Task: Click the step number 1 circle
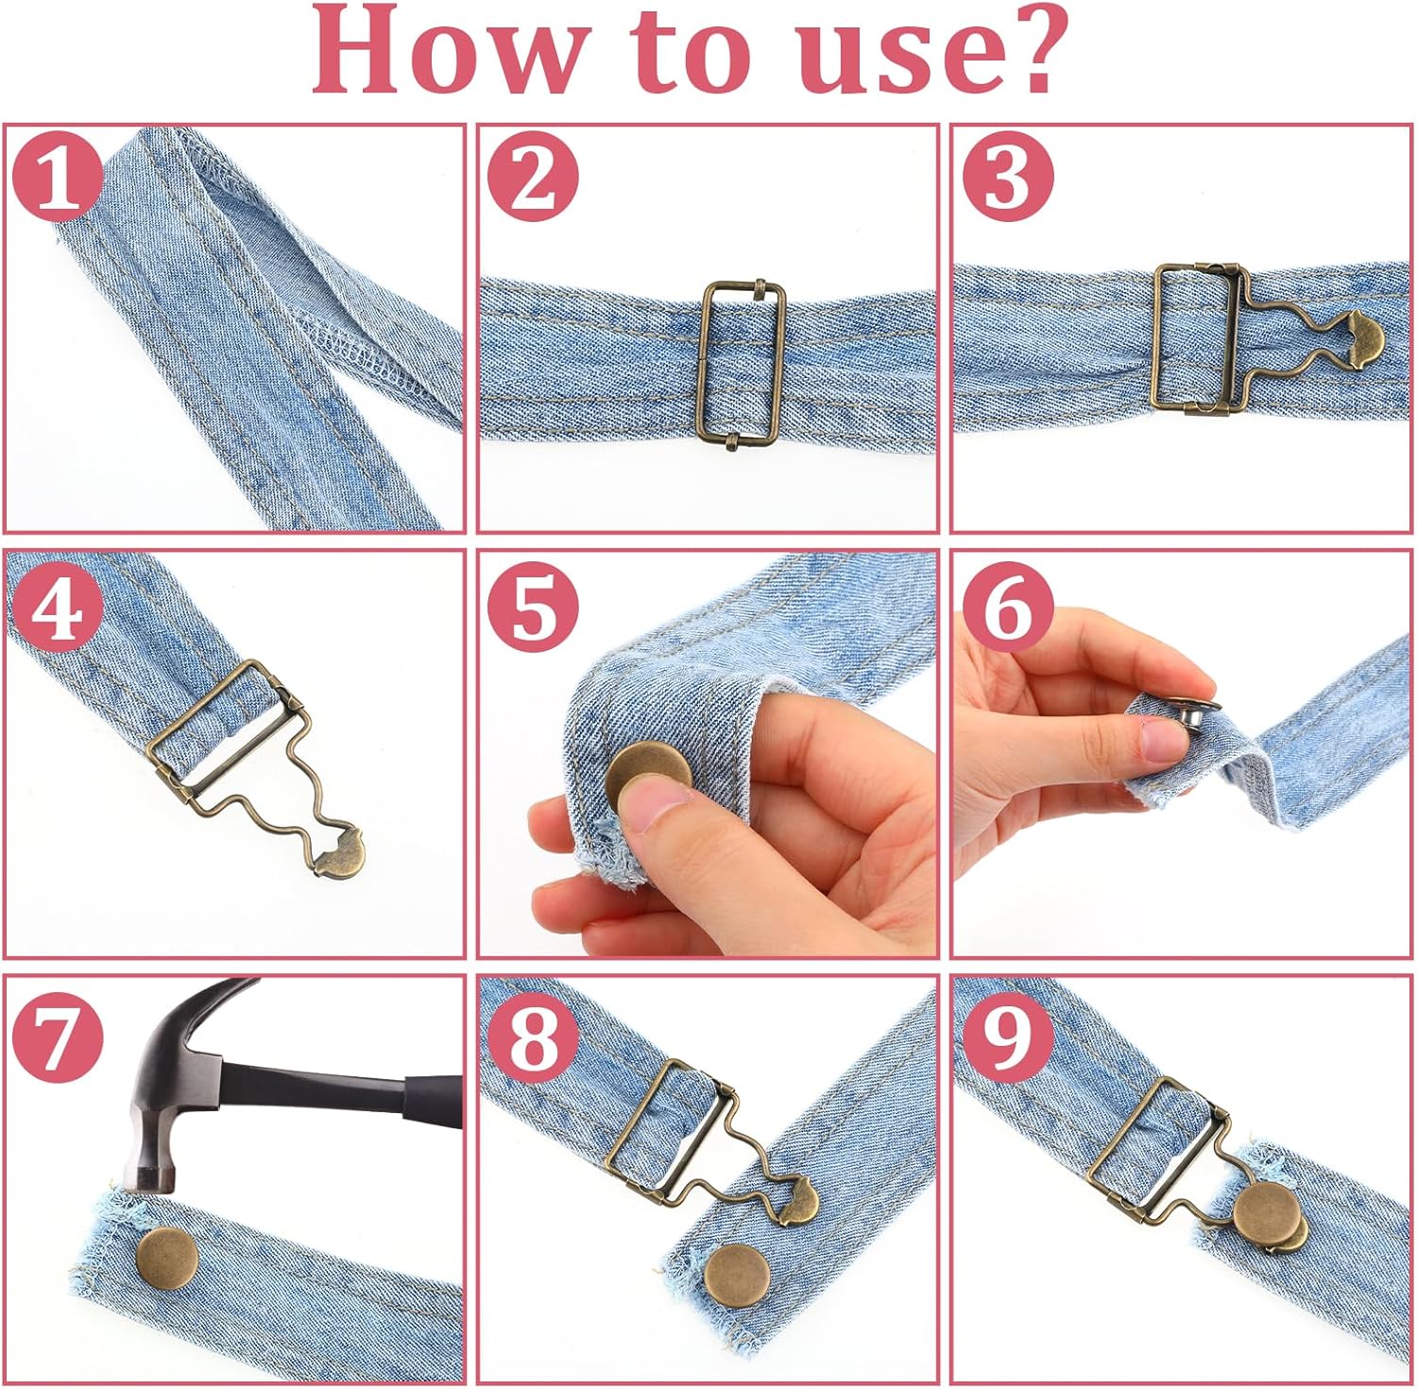click(x=58, y=176)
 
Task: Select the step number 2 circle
click(x=533, y=176)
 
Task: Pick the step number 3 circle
click(x=1007, y=176)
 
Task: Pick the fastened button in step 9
click(x=1266, y=1212)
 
